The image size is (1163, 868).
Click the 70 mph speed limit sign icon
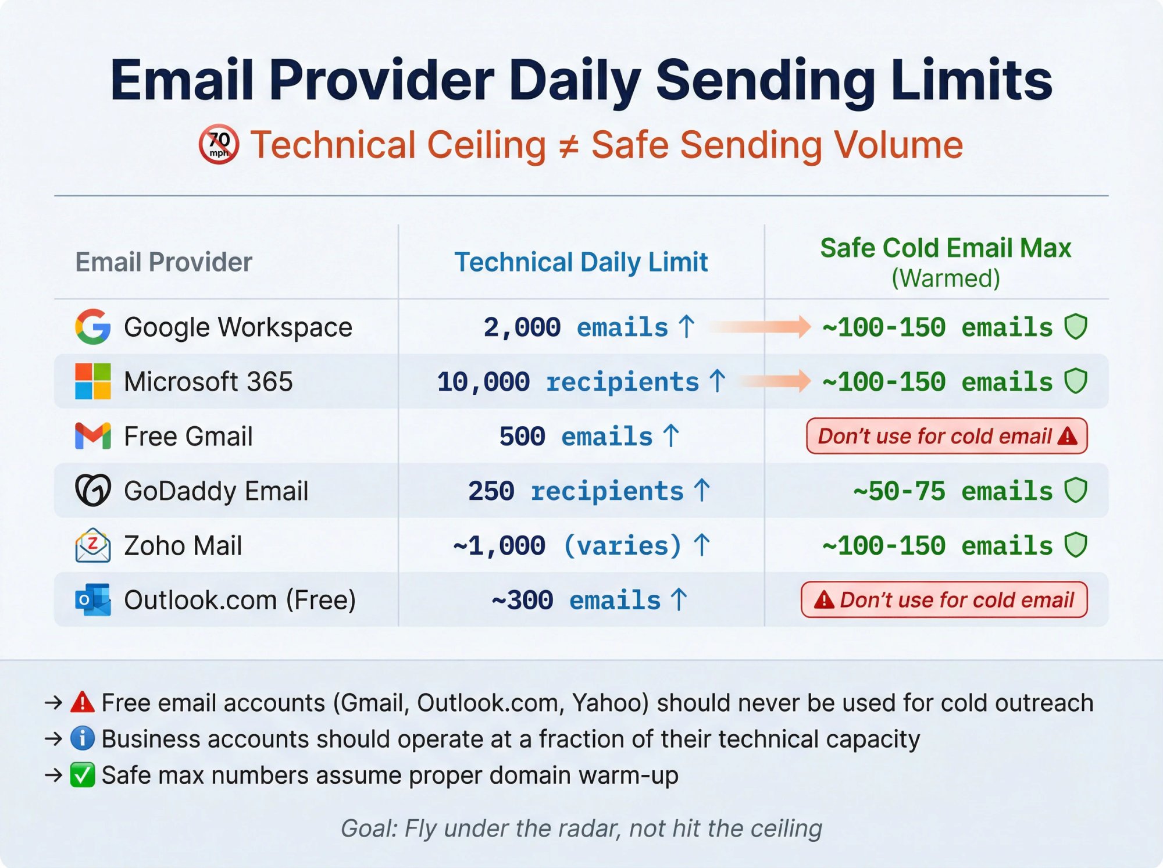point(219,144)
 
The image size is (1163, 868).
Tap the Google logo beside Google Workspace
point(93,327)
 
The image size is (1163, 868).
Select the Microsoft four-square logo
point(93,381)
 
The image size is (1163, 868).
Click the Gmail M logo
point(93,436)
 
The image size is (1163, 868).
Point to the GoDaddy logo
point(93,490)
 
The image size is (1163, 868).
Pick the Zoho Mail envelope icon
point(93,545)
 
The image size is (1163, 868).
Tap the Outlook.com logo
point(93,600)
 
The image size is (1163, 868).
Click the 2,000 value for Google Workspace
point(522,327)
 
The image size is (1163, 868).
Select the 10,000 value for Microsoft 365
point(483,382)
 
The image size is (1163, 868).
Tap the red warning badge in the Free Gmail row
point(946,436)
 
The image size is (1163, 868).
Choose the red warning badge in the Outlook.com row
point(944,600)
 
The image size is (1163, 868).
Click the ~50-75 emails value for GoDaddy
point(952,491)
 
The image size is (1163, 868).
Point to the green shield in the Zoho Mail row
point(1076,545)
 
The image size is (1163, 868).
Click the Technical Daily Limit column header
point(581,262)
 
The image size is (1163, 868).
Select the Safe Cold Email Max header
point(946,249)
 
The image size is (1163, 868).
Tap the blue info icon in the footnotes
point(83,738)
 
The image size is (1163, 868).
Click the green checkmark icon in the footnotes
point(83,775)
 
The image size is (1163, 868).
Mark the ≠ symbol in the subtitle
point(568,145)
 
